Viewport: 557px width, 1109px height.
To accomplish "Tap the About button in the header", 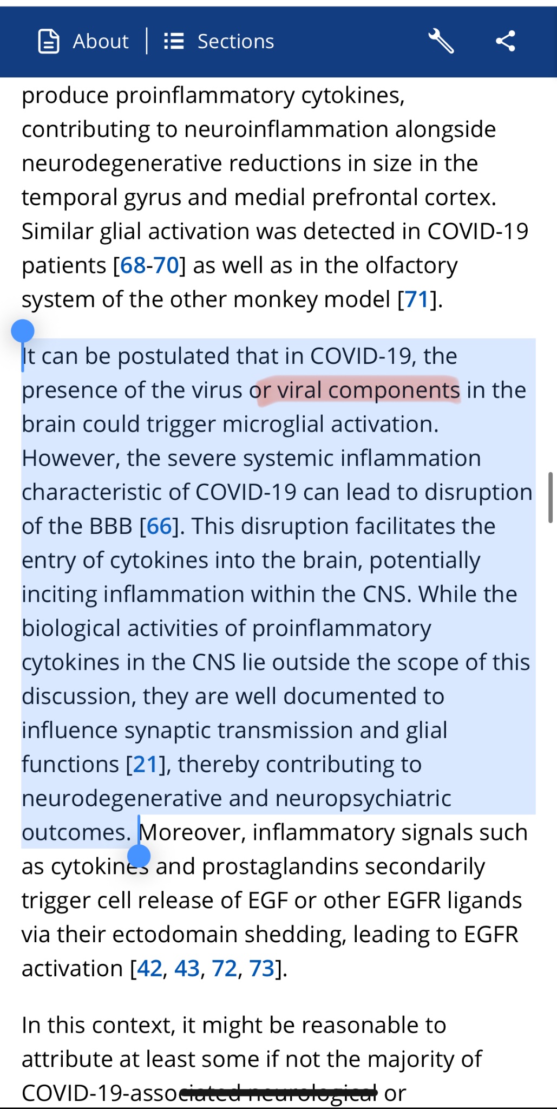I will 84,41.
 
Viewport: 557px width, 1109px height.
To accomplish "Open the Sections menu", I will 219,41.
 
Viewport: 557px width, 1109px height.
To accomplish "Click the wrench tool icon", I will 441,41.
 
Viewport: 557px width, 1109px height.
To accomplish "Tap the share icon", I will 505,41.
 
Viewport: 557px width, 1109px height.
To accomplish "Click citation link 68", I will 133,265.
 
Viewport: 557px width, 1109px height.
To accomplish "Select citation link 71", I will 416,299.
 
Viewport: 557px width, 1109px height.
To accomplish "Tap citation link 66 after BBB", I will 159,526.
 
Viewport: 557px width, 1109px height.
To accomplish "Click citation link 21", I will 146,765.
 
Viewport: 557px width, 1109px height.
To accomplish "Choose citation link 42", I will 150,969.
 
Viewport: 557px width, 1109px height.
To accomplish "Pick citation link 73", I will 262,969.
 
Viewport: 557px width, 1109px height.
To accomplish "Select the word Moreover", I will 193,832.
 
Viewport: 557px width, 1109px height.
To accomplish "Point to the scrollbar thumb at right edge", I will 550,497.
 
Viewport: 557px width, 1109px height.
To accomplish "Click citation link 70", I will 166,265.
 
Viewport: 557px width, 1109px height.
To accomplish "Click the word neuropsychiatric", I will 363,799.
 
